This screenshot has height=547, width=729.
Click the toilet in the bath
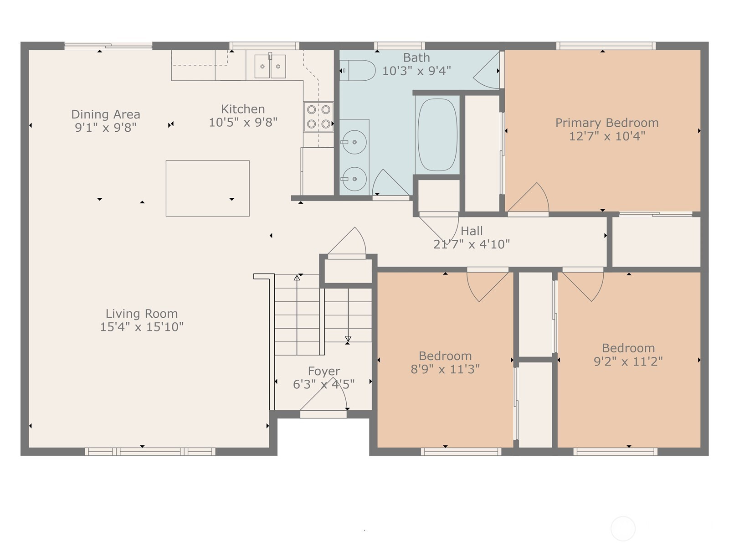coord(357,70)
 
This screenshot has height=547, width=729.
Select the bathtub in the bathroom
coord(437,134)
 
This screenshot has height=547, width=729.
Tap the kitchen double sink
coord(270,67)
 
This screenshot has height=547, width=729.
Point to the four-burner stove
coord(318,117)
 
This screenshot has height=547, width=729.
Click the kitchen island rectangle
coord(208,188)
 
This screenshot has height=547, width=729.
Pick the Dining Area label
coord(106,114)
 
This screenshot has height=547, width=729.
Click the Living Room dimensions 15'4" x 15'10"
coord(142,327)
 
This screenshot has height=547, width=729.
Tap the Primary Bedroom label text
coord(607,123)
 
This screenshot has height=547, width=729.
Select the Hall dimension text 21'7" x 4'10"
coord(472,244)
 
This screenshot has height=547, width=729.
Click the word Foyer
coord(324,371)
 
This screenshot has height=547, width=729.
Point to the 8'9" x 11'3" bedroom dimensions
coord(445,369)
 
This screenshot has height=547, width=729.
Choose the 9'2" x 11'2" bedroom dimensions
coord(628,361)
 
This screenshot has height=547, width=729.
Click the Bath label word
coord(416,58)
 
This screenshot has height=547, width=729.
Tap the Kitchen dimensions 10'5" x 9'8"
coord(243,122)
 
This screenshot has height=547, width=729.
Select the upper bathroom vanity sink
coord(354,142)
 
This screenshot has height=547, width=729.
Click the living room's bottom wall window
coord(150,451)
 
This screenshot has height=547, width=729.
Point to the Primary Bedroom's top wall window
coord(606,46)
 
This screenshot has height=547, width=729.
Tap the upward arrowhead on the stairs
coord(297,278)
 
